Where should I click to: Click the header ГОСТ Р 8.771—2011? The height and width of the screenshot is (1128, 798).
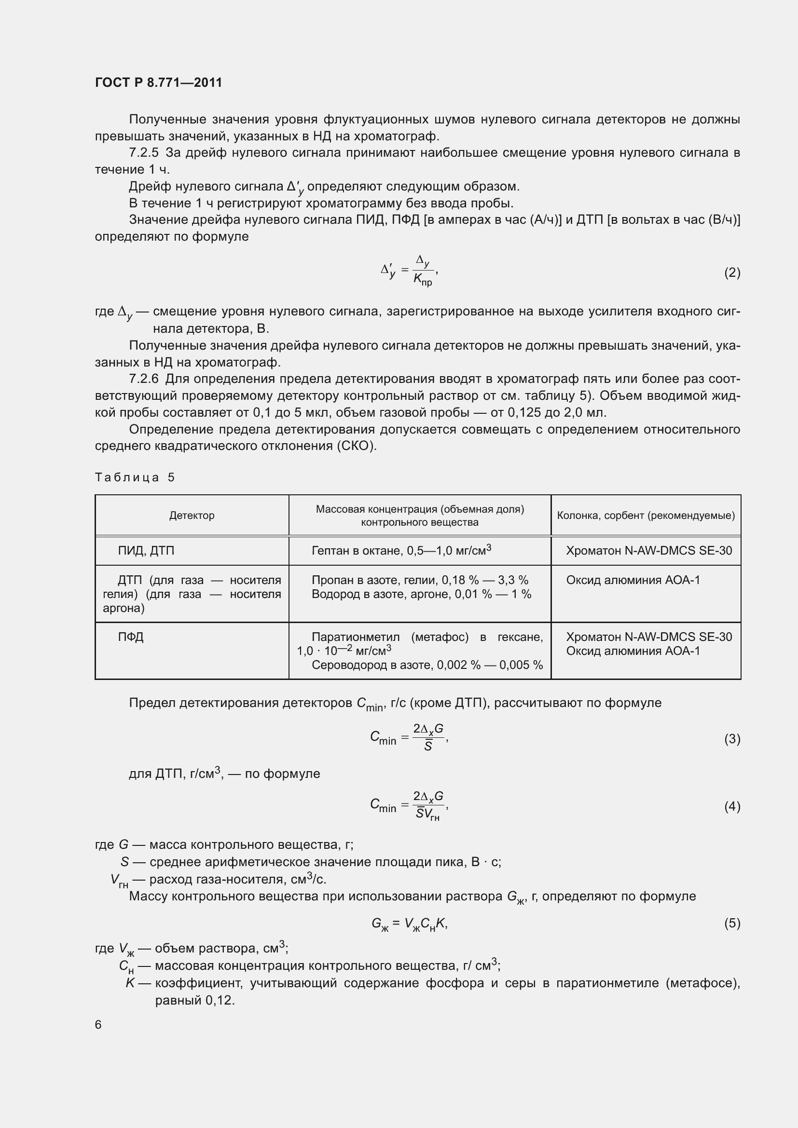[x=158, y=82]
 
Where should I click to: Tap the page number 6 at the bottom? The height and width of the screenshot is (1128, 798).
[x=98, y=1024]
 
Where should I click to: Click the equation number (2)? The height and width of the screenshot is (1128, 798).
[x=732, y=272]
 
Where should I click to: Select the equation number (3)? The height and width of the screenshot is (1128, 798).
[x=732, y=739]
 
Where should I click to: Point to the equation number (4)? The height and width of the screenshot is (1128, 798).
[x=732, y=806]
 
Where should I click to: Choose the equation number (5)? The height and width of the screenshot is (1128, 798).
[x=732, y=923]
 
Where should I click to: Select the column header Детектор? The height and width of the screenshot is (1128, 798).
[x=192, y=516]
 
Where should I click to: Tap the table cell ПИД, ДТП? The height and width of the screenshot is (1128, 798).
[x=146, y=551]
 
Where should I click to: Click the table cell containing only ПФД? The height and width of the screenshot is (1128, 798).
[x=131, y=637]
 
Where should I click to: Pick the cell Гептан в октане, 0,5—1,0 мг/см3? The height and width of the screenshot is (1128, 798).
[x=401, y=550]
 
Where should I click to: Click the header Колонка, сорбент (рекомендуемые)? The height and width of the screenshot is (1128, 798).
[x=646, y=516]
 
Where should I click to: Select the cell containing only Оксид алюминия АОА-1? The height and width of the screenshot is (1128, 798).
[x=633, y=580]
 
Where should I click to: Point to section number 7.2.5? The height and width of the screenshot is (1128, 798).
[x=143, y=153]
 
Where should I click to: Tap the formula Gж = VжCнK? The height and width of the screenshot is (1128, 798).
[x=409, y=924]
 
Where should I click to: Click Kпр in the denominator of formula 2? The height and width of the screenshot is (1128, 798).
[x=422, y=280]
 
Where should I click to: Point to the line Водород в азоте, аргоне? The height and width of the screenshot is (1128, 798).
[x=421, y=594]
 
